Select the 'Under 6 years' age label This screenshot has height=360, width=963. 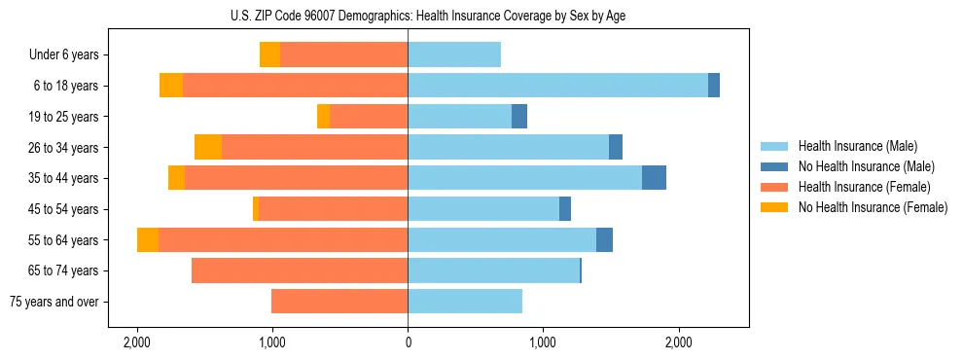point(63,54)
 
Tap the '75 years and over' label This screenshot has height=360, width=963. point(54,302)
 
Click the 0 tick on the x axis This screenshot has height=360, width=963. point(408,342)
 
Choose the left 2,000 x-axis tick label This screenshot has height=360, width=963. point(136,342)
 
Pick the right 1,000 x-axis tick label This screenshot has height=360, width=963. point(543,342)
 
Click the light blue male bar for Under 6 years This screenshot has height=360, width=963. point(454,54)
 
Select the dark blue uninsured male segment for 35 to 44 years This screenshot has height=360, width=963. point(654,178)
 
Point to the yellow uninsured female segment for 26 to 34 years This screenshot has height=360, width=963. point(208,147)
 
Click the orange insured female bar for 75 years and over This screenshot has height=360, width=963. point(339,302)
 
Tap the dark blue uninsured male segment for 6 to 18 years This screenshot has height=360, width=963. point(714,86)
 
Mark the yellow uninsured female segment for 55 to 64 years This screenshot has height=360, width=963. point(148,239)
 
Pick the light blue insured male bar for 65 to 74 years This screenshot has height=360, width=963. point(493,270)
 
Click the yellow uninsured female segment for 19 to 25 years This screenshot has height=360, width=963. point(323,117)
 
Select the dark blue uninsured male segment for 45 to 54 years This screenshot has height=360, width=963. point(565,209)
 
